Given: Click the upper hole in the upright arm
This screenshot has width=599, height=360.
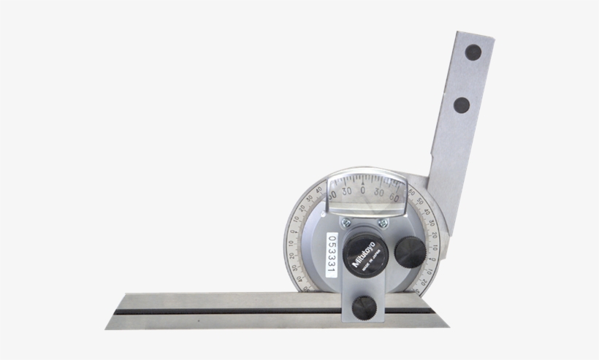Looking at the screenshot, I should pos(473,53).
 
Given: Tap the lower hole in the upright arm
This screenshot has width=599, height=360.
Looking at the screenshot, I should pos(462,104).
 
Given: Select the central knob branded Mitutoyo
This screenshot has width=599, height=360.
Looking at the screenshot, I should pos(364,253).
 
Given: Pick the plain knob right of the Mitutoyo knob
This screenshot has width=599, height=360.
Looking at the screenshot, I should pos(410,252).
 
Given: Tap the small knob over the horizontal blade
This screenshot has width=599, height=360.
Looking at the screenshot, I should pos(365,307).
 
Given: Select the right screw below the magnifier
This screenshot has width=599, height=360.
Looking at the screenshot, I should pos(382,223).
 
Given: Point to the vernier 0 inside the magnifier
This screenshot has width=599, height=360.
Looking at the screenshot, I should pos(363,190).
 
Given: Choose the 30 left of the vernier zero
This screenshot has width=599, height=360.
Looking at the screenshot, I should pos(346,191).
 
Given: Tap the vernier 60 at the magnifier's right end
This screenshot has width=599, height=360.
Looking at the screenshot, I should pos(394,196).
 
